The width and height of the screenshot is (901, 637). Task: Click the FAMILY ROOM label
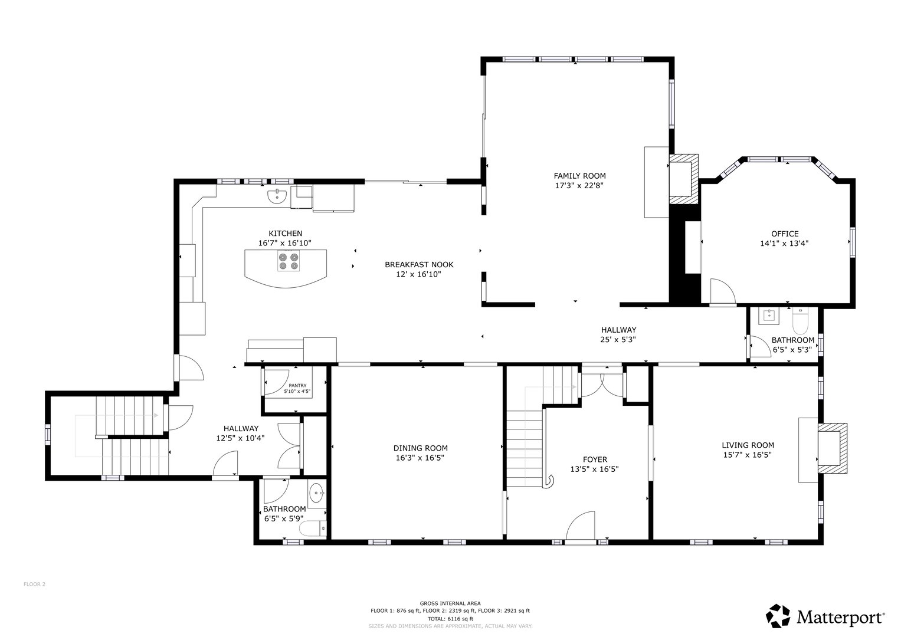click(579, 176)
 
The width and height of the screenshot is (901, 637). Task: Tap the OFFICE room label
click(784, 234)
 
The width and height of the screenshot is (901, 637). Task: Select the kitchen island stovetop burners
click(287, 261)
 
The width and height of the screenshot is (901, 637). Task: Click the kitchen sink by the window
click(276, 196)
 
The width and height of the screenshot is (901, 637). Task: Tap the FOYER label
click(594, 459)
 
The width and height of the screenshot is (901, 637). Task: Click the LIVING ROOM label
click(748, 445)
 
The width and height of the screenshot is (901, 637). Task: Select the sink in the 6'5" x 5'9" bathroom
click(317, 494)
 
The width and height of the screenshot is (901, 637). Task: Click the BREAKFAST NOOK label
click(419, 265)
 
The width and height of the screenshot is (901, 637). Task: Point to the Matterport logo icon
click(778, 616)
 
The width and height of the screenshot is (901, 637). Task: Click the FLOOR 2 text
click(34, 585)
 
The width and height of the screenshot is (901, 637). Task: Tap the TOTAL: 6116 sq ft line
click(450, 619)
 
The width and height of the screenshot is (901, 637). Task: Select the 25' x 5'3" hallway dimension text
click(618, 339)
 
